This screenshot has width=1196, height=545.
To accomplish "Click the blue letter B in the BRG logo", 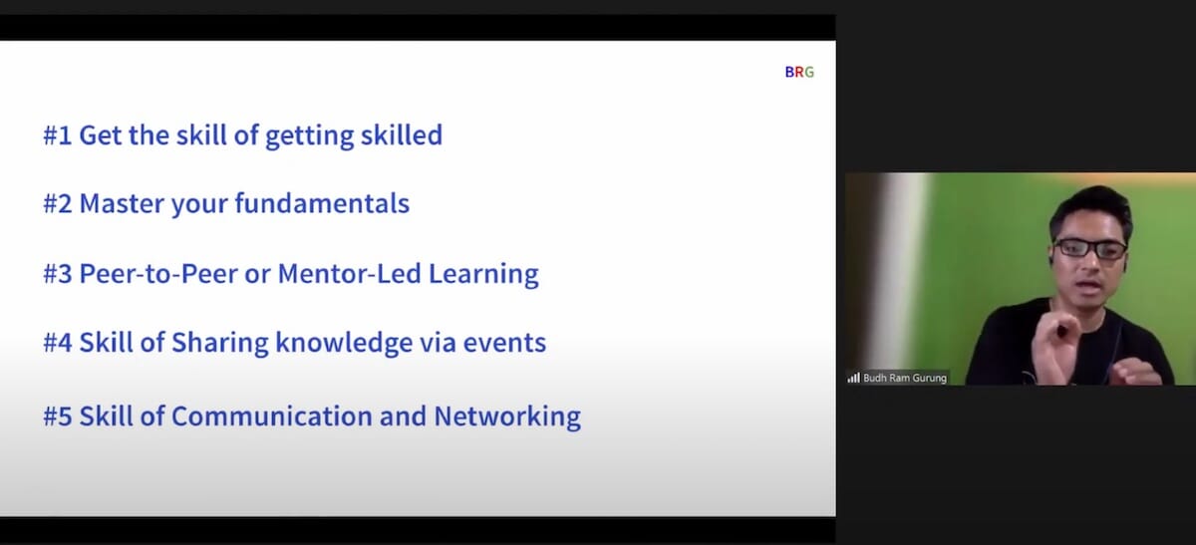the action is (x=789, y=72).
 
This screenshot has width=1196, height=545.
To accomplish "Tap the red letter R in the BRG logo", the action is (x=799, y=72).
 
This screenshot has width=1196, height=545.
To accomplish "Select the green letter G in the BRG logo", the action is (x=809, y=72).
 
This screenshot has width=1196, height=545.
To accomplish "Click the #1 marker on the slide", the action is (x=58, y=136).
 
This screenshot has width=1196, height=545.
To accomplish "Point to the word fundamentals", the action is (x=322, y=203).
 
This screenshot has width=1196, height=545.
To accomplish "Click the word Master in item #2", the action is (x=122, y=203).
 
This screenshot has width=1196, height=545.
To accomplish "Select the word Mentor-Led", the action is (x=349, y=273).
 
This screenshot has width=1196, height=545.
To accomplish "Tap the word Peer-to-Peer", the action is (x=158, y=273).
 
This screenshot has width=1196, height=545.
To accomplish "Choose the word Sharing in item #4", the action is (x=220, y=343).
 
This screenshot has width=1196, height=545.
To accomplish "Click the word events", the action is (x=504, y=343).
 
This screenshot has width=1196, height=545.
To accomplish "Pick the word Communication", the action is (x=272, y=416).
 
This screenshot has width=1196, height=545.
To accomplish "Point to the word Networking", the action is (x=507, y=416).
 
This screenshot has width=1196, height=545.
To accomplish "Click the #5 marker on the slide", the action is (x=58, y=416).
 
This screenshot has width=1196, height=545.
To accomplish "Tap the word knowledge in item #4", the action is (x=344, y=343).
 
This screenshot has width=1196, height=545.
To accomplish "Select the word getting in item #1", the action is (x=310, y=136).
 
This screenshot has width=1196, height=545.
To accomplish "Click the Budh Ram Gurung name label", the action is (x=905, y=378).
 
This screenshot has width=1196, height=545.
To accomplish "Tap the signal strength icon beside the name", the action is (x=853, y=378).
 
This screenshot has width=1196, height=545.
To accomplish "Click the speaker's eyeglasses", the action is (x=1090, y=249).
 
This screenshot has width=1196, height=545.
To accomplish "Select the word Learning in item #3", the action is (x=483, y=274).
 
